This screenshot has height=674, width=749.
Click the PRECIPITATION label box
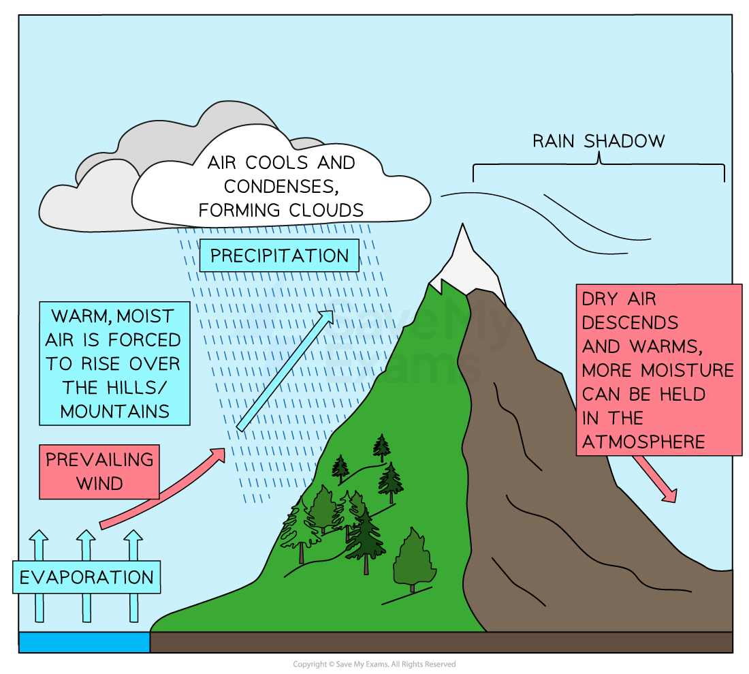(x=279, y=256)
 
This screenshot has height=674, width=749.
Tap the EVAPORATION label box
(x=86, y=577)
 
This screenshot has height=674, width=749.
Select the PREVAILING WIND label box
(x=99, y=472)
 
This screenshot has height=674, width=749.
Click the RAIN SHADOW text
(x=599, y=141)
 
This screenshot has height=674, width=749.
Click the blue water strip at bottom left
(x=84, y=642)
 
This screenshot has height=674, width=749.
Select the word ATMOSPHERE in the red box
(x=643, y=442)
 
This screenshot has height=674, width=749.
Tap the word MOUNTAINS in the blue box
(x=114, y=411)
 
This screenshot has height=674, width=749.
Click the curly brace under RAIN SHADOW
(x=599, y=164)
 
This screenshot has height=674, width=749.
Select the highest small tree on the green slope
(x=382, y=446)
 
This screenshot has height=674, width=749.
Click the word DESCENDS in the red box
(x=630, y=322)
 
